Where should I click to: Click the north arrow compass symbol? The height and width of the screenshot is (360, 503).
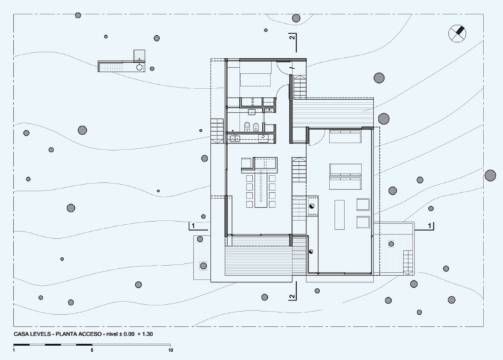(x=457, y=33)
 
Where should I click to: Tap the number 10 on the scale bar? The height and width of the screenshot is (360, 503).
(x=170, y=350)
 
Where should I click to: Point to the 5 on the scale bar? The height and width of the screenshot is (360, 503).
(x=92, y=350)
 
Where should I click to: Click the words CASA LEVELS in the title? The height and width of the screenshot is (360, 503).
(x=32, y=334)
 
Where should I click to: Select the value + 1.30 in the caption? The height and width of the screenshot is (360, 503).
(x=145, y=334)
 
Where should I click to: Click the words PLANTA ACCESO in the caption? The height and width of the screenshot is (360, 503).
(x=79, y=334)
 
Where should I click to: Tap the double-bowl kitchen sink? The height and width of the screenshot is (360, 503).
(x=235, y=139)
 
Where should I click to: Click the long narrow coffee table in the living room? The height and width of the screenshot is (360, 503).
(x=340, y=215)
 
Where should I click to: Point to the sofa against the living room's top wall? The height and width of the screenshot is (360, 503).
(x=345, y=136)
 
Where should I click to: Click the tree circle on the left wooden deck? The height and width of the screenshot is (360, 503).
(x=203, y=266)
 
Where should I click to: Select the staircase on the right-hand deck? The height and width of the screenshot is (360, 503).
(x=408, y=263)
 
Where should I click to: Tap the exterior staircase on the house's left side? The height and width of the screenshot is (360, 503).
(x=217, y=131)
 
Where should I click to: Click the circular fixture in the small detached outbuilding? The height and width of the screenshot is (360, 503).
(x=140, y=67)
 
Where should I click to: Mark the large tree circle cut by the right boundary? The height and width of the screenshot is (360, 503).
(x=490, y=175)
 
